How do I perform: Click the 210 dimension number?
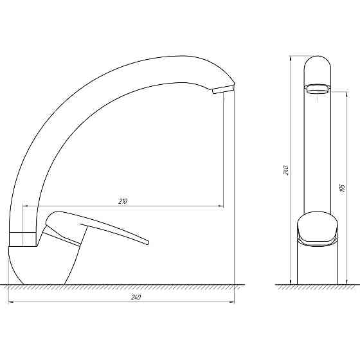tap(123, 201)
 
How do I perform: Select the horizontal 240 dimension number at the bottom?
tap(136, 297)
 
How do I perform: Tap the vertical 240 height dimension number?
tap(286, 170)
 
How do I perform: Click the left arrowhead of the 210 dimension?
tap(25, 206)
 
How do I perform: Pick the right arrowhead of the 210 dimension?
tap(221, 206)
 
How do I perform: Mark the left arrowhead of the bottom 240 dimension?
tap(11, 302)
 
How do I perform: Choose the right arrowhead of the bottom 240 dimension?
tap(231, 302)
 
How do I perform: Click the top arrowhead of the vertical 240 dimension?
tap(291, 59)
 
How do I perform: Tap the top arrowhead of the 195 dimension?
tap(346, 94)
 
